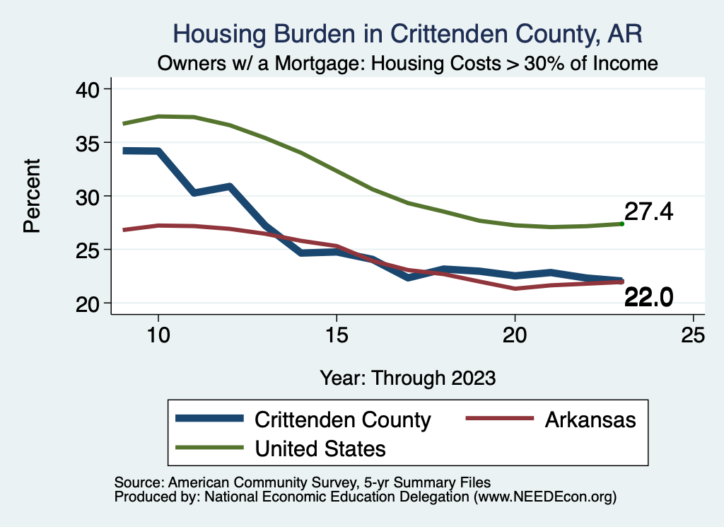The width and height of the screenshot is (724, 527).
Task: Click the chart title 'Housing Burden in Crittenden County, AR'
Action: (x=408, y=34)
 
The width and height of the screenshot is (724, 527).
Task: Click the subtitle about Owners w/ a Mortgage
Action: (x=408, y=63)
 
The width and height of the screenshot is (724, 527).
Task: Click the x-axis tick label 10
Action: (x=158, y=335)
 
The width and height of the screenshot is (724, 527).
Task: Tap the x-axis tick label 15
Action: (x=336, y=335)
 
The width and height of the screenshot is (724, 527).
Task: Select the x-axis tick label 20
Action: (x=515, y=335)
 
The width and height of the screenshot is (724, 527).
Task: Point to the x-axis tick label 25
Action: (x=693, y=335)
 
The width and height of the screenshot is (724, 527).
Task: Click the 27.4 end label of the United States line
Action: (x=648, y=212)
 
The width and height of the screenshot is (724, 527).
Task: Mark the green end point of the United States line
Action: (x=621, y=224)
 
